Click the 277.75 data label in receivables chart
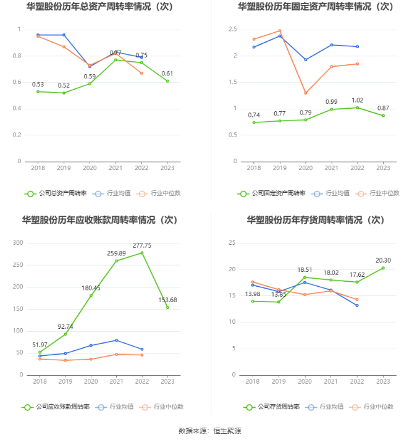141,245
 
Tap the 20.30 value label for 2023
384,260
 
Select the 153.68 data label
167,300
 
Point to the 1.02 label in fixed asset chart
358,100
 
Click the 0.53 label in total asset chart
38,84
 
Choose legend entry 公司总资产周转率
56,193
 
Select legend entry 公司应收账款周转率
56,407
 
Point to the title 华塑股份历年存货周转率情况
315,220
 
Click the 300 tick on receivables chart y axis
17,243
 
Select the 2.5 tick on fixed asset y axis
232,30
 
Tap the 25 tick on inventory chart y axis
232,243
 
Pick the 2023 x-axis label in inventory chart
384,382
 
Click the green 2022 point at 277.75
141,253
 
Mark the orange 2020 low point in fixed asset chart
306,93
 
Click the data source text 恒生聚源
227,431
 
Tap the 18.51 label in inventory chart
306,269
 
